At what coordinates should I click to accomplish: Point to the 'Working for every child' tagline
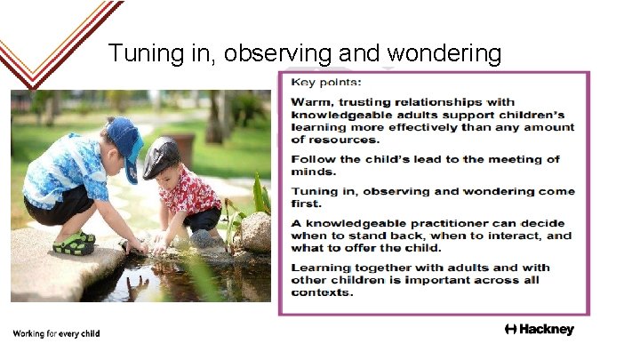click(x=56, y=333)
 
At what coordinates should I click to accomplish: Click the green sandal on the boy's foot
click(x=74, y=243)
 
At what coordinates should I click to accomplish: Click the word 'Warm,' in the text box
click(x=312, y=103)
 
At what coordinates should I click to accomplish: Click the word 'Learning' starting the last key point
click(x=318, y=268)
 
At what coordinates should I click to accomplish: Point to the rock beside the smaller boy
click(x=255, y=231)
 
